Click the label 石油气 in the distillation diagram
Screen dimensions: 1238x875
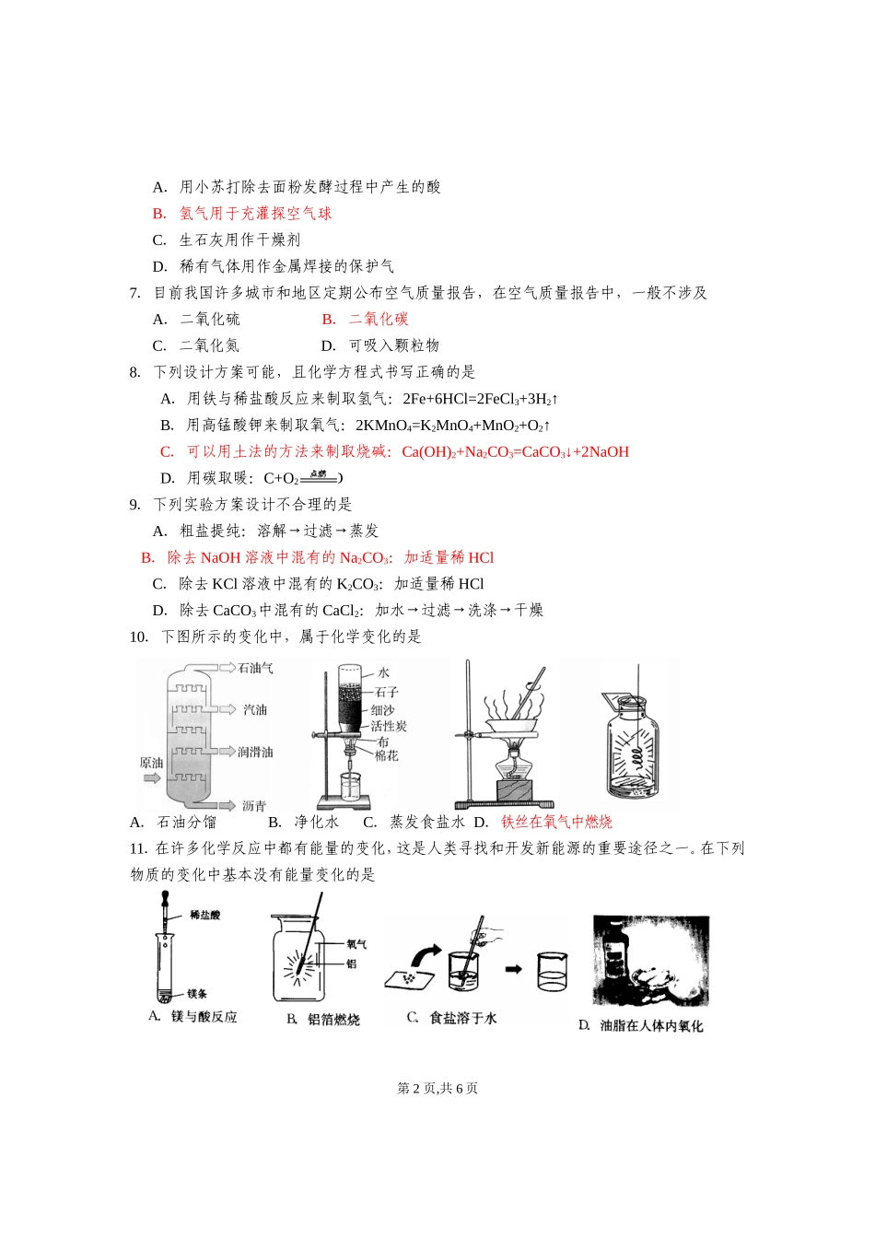pos(255,668)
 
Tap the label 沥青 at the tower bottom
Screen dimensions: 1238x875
pos(254,806)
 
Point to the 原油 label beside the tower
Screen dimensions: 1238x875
pos(151,763)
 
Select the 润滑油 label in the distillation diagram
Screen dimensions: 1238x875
pos(255,753)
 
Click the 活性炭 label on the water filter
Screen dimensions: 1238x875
pos(389,726)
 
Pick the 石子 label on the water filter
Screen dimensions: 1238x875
pos(386,691)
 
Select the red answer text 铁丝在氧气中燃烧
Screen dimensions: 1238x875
pos(556,822)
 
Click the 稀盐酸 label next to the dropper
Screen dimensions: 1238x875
pos(204,915)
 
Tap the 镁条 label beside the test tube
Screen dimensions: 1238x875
pos(197,993)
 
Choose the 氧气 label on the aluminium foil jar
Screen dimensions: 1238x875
pos(356,944)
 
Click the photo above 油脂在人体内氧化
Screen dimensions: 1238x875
pos(651,962)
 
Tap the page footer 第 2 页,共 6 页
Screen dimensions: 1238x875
pos(437,1088)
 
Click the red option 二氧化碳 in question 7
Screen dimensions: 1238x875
pos(379,319)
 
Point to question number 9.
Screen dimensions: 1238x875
pos(135,504)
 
